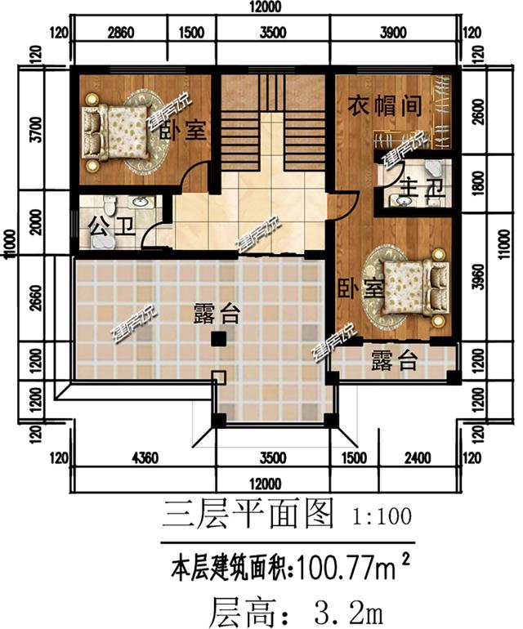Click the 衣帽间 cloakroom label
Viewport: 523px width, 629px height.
tap(385, 107)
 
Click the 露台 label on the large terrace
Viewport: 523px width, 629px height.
tap(217, 312)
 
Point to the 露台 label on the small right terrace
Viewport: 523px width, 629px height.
tap(395, 360)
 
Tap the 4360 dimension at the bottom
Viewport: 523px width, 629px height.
tap(143, 457)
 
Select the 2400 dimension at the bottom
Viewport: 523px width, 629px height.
tap(418, 457)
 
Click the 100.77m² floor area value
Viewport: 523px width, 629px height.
tap(346, 564)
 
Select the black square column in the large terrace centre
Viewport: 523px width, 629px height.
tap(218, 339)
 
